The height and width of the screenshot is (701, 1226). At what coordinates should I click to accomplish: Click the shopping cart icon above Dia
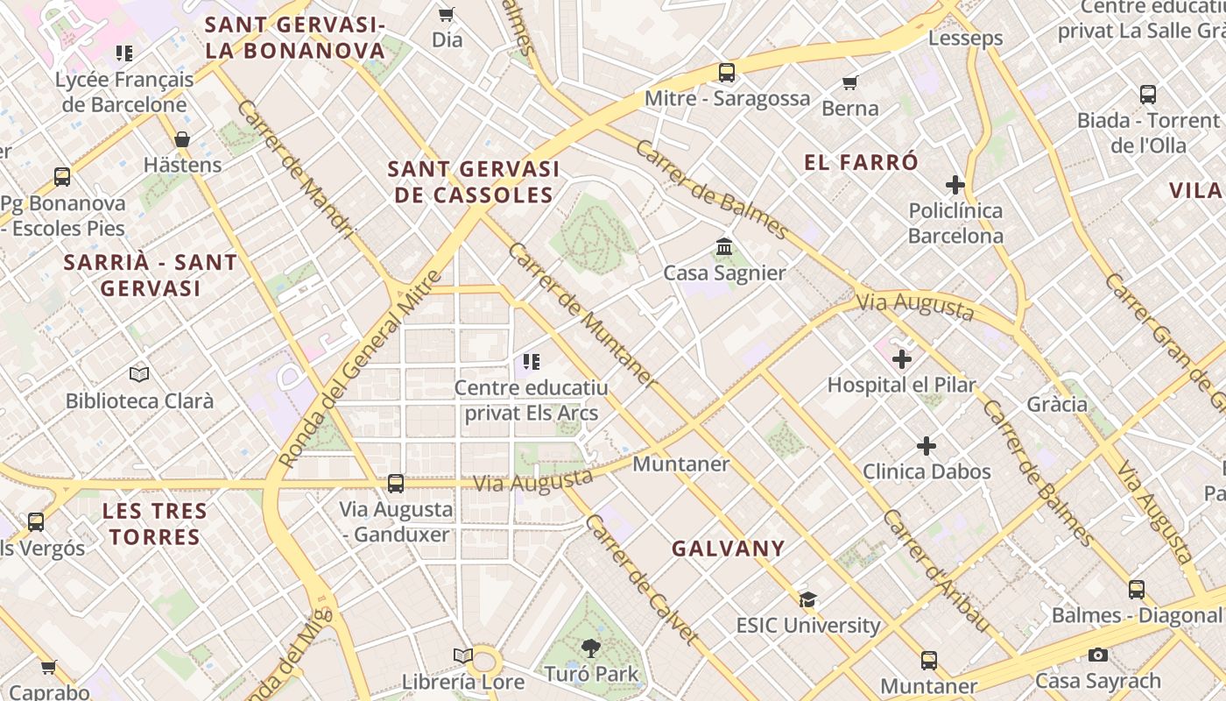(446, 14)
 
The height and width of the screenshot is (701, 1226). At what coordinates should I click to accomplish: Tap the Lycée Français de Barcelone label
(123, 92)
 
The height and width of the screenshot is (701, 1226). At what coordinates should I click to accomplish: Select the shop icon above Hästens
(182, 139)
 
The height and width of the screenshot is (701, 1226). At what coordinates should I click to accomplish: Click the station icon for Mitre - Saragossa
(726, 73)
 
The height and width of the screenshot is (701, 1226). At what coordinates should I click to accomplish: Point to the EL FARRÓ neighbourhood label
(862, 162)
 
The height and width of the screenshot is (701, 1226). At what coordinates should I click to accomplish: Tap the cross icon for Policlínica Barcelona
(955, 185)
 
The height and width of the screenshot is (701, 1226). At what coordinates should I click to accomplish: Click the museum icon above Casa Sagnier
(724, 247)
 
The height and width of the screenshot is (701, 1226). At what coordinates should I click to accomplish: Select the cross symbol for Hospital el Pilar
(902, 359)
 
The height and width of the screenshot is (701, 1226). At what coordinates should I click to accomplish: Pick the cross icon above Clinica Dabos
(927, 446)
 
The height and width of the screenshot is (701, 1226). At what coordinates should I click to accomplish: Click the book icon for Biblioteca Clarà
(139, 375)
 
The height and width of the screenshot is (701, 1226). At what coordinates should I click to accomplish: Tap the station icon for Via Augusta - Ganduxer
(396, 484)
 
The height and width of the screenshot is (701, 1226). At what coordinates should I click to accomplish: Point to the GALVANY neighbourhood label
(729, 549)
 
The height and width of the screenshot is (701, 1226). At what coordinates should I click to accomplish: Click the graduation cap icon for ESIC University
(807, 600)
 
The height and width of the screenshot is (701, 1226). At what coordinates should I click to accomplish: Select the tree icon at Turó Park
(591, 648)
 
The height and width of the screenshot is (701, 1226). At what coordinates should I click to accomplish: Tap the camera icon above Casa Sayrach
(1098, 655)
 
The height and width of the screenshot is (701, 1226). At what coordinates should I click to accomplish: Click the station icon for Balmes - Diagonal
(1137, 590)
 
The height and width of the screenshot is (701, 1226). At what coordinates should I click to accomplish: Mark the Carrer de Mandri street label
(295, 169)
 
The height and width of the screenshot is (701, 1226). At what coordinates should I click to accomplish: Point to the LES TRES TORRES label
(155, 524)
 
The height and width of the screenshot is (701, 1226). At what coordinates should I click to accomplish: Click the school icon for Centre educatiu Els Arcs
(531, 361)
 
